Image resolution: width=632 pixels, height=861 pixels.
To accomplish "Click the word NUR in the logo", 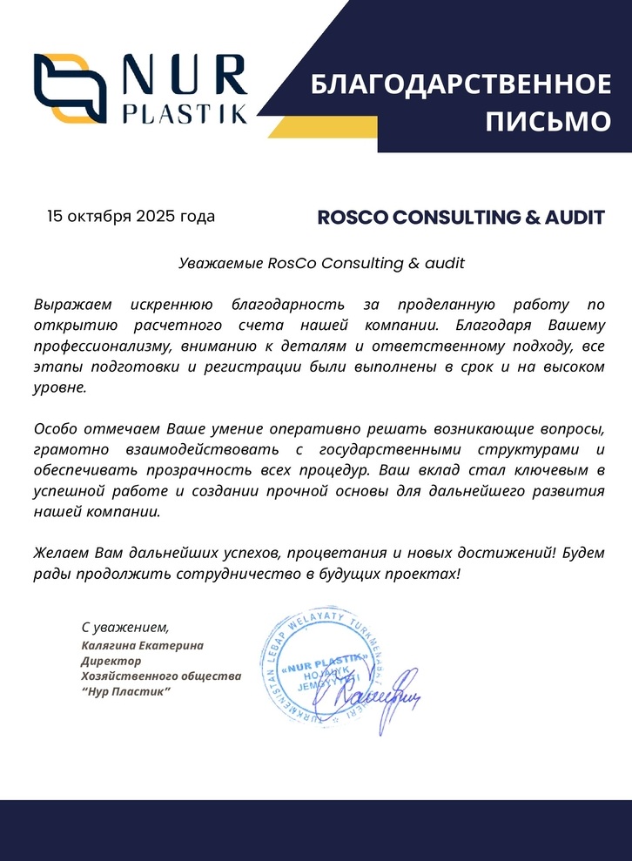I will tap(184, 77).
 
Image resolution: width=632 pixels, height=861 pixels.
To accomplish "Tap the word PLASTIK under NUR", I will tap(185, 114).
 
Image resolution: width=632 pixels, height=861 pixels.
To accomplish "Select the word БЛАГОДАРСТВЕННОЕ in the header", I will tap(461, 85).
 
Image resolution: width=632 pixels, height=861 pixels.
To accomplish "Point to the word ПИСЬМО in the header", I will tap(548, 122).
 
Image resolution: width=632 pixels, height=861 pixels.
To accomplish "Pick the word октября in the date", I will tap(98, 216).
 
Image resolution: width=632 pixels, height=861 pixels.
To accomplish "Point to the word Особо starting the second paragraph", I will tap(53, 429).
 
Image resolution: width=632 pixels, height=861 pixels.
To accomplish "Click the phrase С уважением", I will tap(124, 627).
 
